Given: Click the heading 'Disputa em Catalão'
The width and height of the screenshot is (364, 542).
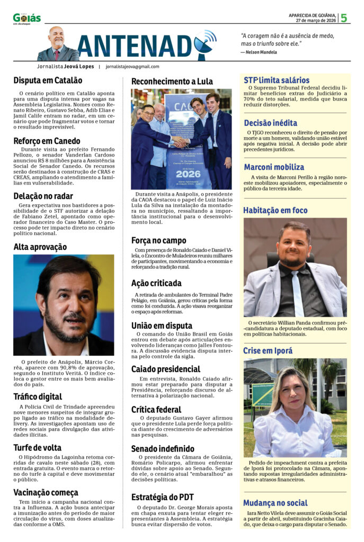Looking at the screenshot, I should click(48, 80).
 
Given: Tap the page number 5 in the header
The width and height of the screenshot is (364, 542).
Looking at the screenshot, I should click(344, 18).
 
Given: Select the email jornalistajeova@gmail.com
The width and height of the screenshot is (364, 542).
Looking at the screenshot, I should click(132, 67).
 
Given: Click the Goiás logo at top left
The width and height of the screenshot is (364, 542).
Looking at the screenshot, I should click(26, 19).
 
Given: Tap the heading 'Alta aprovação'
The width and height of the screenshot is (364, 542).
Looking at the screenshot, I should click(40, 247).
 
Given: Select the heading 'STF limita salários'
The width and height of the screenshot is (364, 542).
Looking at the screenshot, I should click(276, 80).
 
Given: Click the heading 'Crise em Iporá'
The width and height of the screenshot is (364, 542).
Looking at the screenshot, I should click(268, 350).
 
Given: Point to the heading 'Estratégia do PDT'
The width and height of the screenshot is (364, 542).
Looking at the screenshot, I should click(163, 497).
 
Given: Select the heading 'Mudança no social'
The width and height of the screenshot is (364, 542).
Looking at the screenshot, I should click(275, 503).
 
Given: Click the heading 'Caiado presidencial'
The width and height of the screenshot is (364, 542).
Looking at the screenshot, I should click(166, 369).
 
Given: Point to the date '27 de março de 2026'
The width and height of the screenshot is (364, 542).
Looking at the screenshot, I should click(316, 21).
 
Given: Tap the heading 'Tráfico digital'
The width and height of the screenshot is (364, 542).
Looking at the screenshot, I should click(38, 396).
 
